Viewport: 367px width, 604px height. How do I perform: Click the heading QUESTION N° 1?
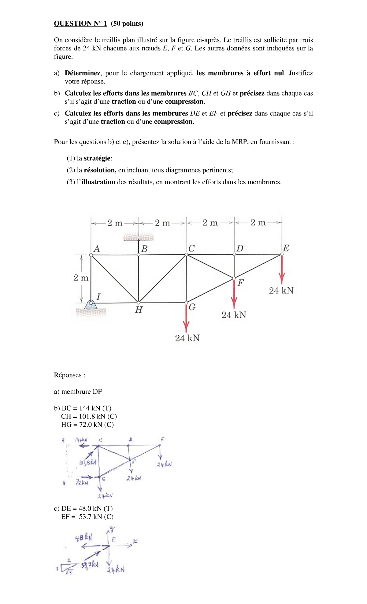[80, 24]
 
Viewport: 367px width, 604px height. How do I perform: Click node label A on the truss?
[97, 249]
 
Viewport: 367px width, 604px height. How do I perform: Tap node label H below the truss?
[139, 310]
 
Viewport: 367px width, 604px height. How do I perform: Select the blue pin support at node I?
[91, 304]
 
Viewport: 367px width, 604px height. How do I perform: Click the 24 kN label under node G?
[187, 338]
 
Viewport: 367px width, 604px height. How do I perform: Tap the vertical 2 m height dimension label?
[81, 278]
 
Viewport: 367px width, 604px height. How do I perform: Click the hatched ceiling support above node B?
[139, 236]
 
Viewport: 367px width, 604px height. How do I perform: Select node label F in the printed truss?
[241, 283]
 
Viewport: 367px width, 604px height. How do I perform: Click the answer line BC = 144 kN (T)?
[87, 408]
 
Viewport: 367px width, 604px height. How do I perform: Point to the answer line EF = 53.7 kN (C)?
[87, 517]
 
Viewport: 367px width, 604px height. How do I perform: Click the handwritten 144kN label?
[81, 440]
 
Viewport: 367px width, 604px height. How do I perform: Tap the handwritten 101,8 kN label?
[87, 462]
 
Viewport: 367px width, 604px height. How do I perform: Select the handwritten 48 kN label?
[83, 537]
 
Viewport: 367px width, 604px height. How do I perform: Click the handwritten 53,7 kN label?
[90, 565]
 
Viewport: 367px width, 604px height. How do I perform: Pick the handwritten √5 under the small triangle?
[69, 572]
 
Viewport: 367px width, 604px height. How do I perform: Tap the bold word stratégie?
[97, 158]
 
